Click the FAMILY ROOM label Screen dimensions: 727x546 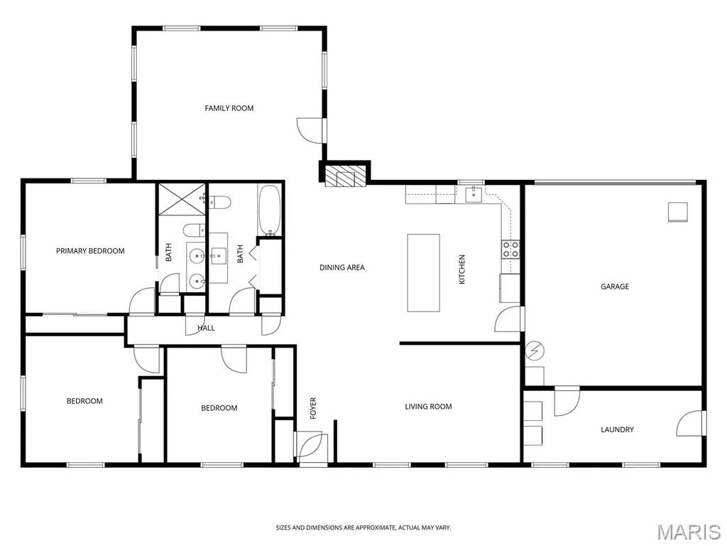(229, 108)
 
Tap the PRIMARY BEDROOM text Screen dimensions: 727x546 (90, 251)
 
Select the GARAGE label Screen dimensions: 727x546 (615, 287)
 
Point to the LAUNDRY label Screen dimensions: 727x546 (617, 429)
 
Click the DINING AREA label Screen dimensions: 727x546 (342, 267)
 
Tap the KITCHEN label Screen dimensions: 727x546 (461, 269)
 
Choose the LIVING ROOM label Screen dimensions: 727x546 (428, 407)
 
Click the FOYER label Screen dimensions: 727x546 (313, 408)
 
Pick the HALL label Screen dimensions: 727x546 (207, 328)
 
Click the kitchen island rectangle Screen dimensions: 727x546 (423, 273)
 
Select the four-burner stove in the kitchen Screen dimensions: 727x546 (510, 250)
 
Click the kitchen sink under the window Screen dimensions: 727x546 (474, 194)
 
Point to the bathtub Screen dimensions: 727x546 (269, 210)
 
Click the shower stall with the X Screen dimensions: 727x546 (182, 199)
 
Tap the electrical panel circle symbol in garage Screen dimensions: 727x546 (535, 350)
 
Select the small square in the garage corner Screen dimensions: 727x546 (677, 212)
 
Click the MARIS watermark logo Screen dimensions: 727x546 (689, 532)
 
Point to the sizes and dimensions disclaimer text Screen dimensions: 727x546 (363, 528)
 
